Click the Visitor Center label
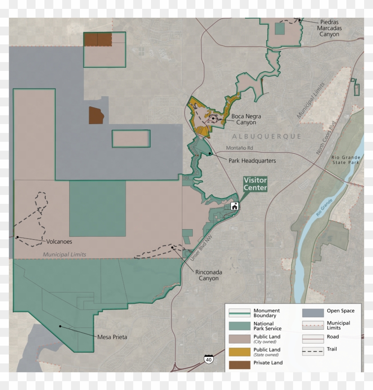pos(255,184)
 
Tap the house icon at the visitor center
pos(234,206)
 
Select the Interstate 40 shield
pos(209,359)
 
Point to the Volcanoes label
pos(59,242)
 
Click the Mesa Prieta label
pos(112,337)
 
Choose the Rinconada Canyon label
pos(208,275)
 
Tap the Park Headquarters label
pos(252,161)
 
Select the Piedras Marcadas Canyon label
pos(329,28)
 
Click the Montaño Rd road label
pos(239,148)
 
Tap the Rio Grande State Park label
pos(346,160)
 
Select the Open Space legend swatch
pos(313,313)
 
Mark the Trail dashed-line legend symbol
pos(313,351)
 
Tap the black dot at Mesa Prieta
pos(60,327)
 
